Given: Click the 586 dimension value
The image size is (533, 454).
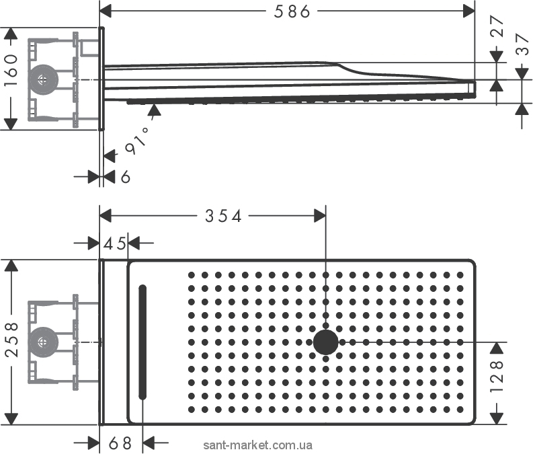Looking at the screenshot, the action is point(292,11).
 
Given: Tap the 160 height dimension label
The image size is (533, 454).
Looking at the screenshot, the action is point(11,70).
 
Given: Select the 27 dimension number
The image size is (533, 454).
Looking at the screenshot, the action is point(497,26).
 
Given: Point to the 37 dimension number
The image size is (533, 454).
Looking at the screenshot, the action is point(522,44).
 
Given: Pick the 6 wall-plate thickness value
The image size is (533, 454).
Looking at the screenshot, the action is point(126,177).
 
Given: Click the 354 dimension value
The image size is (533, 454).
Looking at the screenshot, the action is point(223,216).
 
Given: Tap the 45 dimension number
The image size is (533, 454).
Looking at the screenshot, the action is point(114,243).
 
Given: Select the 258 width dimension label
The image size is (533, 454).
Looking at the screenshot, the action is point(11,340).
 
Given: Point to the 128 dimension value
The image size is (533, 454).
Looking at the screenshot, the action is point(497,377).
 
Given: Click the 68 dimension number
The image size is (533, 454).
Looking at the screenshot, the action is point(120,443).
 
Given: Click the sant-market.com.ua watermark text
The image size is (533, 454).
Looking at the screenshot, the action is point(257,445).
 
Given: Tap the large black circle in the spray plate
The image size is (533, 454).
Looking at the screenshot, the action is point(325,342).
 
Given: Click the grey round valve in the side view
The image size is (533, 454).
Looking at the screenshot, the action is point(43,79).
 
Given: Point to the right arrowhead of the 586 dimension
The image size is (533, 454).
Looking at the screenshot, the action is point(469,11).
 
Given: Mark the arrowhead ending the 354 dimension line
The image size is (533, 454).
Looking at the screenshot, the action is point(320,216).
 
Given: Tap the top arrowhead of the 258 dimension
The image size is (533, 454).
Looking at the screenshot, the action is point(11,266).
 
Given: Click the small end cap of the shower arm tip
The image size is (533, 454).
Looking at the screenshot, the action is point(471,87).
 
